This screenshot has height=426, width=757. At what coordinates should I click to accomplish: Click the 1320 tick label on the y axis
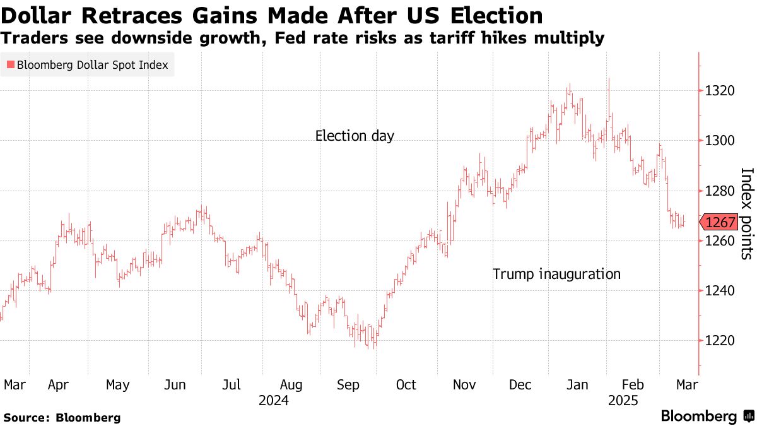click(720, 91)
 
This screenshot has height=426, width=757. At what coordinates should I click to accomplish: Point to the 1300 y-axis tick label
click(720, 141)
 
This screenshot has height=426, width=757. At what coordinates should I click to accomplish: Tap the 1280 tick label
click(720, 191)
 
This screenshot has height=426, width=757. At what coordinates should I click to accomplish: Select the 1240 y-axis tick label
click(720, 291)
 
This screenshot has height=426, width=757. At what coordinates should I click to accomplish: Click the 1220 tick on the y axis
click(720, 341)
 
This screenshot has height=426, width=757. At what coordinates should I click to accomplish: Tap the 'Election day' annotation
click(355, 136)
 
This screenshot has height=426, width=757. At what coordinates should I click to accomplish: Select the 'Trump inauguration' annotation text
click(556, 274)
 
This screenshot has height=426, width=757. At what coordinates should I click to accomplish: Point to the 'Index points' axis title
click(746, 213)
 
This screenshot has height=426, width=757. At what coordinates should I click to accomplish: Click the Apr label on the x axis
click(58, 385)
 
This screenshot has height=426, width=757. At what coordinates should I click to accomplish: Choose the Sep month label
click(348, 385)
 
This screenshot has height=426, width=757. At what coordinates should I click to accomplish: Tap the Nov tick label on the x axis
click(464, 385)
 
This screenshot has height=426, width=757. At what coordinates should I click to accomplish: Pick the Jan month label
click(578, 385)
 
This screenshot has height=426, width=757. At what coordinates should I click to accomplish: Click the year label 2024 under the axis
click(274, 400)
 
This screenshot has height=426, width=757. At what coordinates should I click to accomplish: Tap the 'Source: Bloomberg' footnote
click(62, 417)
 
